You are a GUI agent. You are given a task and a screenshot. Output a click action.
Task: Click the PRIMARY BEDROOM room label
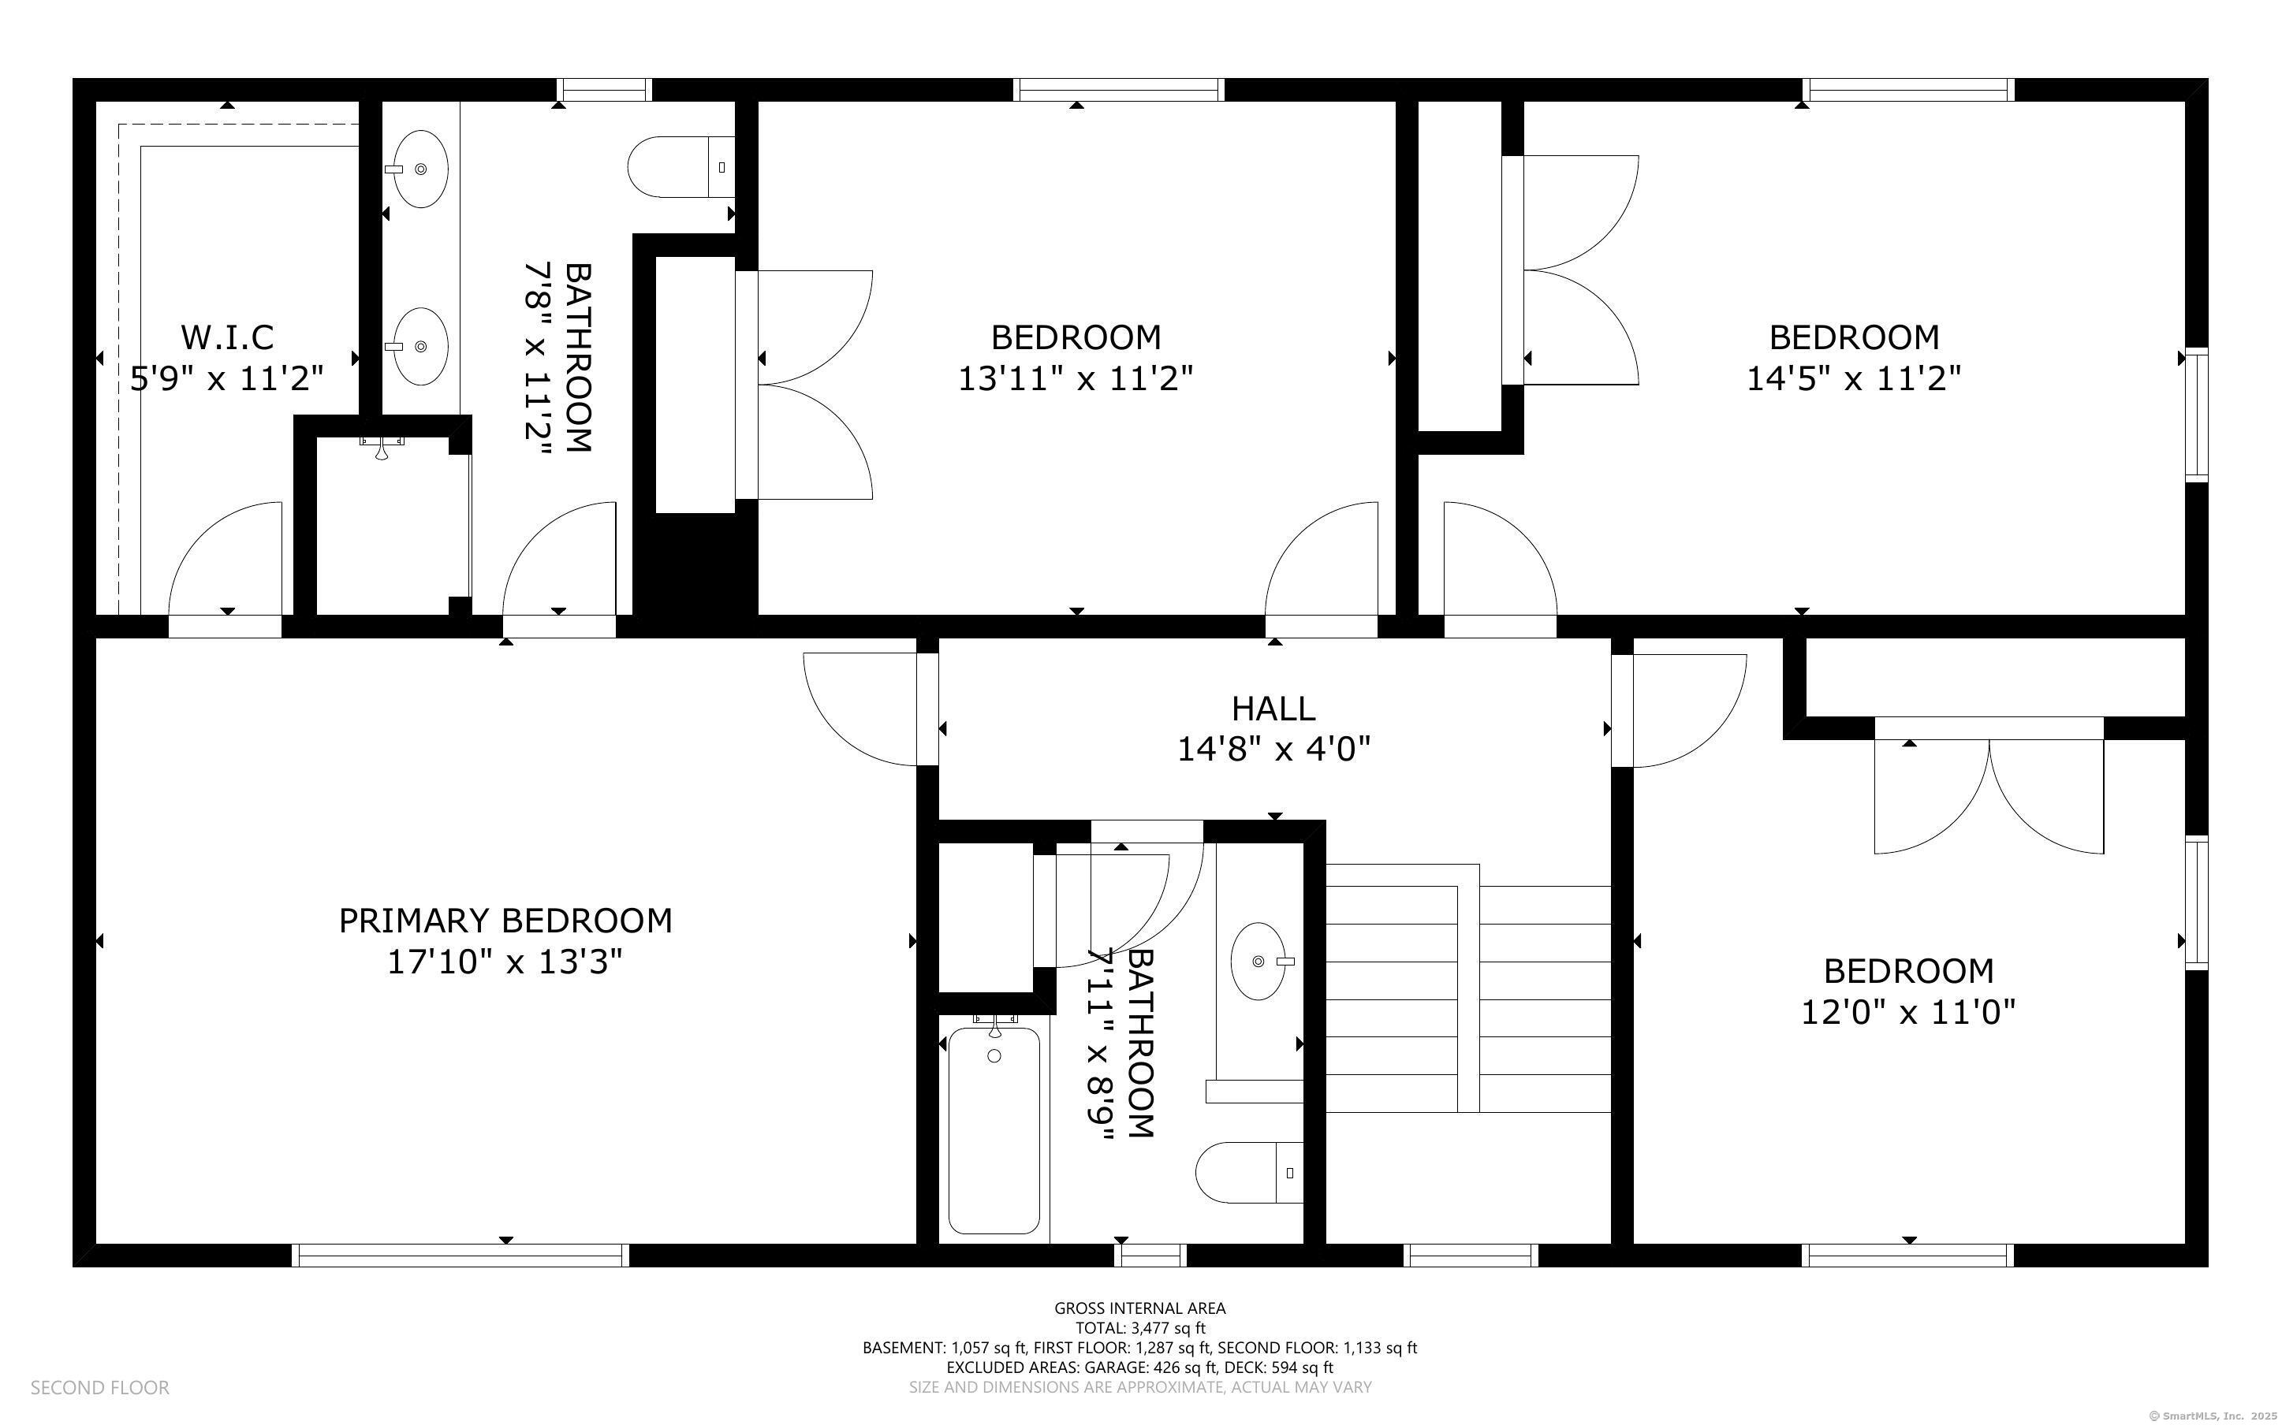(x=505, y=921)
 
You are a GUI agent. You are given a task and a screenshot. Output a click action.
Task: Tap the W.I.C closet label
(x=227, y=337)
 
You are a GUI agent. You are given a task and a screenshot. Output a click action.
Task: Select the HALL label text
(x=1273, y=708)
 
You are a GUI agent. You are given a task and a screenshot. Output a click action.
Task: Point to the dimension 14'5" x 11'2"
(x=1854, y=379)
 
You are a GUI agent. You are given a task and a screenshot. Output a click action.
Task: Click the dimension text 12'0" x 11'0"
(x=1909, y=1012)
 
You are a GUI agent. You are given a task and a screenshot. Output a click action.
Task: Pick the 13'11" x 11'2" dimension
(x=1076, y=379)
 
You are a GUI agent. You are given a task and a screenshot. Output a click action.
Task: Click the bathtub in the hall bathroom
(x=994, y=1129)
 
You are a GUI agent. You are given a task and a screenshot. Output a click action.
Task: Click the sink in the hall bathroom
(x=1259, y=962)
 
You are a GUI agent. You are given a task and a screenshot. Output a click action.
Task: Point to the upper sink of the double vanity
(x=420, y=169)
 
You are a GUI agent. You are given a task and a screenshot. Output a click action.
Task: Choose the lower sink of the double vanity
(x=420, y=346)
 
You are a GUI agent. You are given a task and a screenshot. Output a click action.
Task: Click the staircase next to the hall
(x=1467, y=988)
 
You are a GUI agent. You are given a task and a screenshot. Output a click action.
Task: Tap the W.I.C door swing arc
(x=202, y=534)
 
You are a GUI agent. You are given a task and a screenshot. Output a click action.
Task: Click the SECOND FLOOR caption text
(x=100, y=1387)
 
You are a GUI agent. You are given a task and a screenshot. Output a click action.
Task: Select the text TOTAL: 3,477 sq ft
(x=1140, y=1328)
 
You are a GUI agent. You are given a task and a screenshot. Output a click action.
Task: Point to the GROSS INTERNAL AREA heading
(x=1139, y=1308)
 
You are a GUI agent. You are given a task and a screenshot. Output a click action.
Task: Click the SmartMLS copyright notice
(x=2213, y=1416)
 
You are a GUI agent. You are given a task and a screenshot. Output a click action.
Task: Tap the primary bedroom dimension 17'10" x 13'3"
(x=505, y=962)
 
